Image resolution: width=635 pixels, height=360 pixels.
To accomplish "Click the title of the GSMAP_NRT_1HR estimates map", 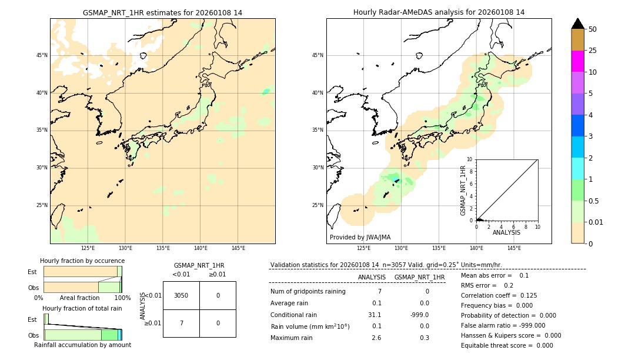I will point(162,12).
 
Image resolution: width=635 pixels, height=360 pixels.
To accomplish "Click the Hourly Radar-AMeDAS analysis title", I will point(439,12).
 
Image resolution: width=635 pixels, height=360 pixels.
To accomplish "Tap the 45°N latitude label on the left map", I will point(42,55).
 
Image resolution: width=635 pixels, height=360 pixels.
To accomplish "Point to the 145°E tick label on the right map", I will point(514,248).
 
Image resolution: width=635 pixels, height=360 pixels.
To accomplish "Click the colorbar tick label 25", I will point(593,51).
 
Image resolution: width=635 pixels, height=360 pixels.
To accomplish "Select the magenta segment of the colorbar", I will point(577,61).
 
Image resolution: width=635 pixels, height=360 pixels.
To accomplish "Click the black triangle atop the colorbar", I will point(577,24).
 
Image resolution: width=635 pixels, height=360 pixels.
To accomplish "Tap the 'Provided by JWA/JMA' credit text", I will point(360,237).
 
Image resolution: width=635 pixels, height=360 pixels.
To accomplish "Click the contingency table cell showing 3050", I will point(181,295).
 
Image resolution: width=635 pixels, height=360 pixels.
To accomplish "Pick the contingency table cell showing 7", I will point(181,323).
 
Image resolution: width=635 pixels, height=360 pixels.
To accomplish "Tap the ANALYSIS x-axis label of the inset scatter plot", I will point(506,232).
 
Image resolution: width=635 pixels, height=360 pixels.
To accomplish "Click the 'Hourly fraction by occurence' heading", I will point(82,261).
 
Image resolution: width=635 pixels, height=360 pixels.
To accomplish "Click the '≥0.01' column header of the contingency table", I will point(217,274).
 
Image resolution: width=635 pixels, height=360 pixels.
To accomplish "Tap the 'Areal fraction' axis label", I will point(79,298).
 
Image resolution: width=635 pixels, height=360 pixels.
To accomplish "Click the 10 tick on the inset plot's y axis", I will point(470,159).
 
